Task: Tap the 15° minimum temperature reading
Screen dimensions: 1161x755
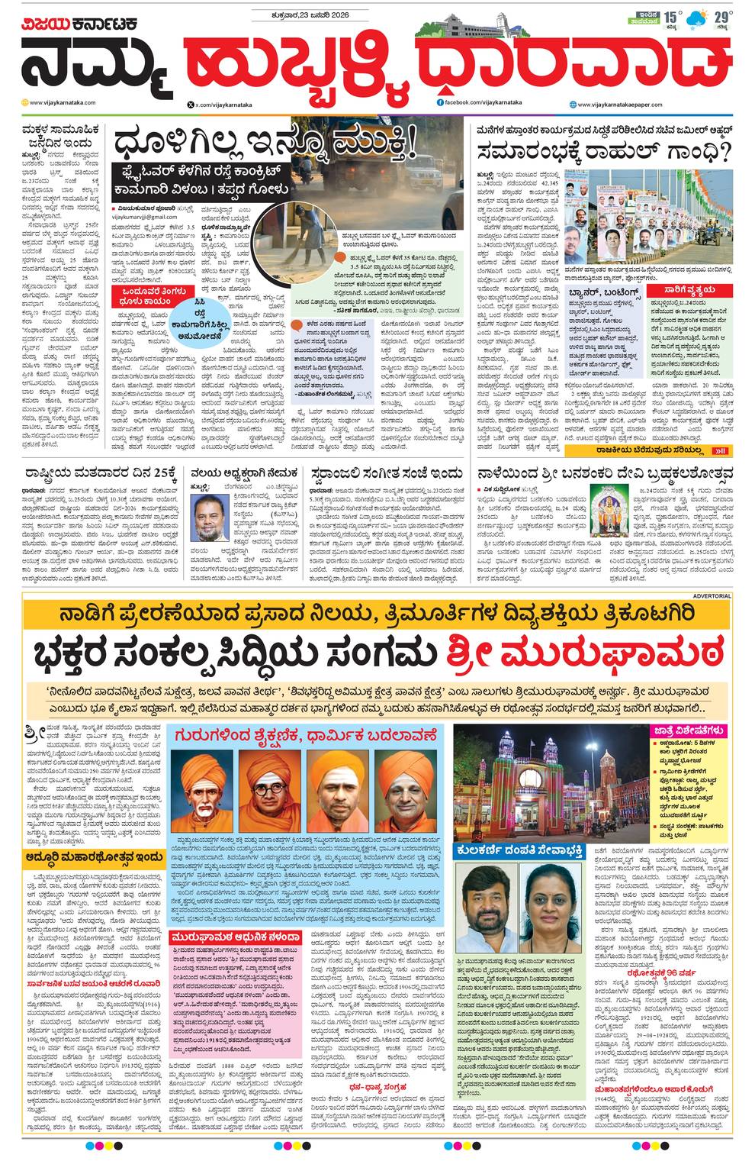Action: pos(671,17)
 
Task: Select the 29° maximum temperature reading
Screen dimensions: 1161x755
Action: pos(720,17)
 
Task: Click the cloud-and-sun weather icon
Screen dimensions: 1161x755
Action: pos(696,18)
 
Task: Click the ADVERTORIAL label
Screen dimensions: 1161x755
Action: pos(712,595)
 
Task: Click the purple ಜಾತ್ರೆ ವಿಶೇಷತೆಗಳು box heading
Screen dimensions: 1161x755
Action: pos(689,731)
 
